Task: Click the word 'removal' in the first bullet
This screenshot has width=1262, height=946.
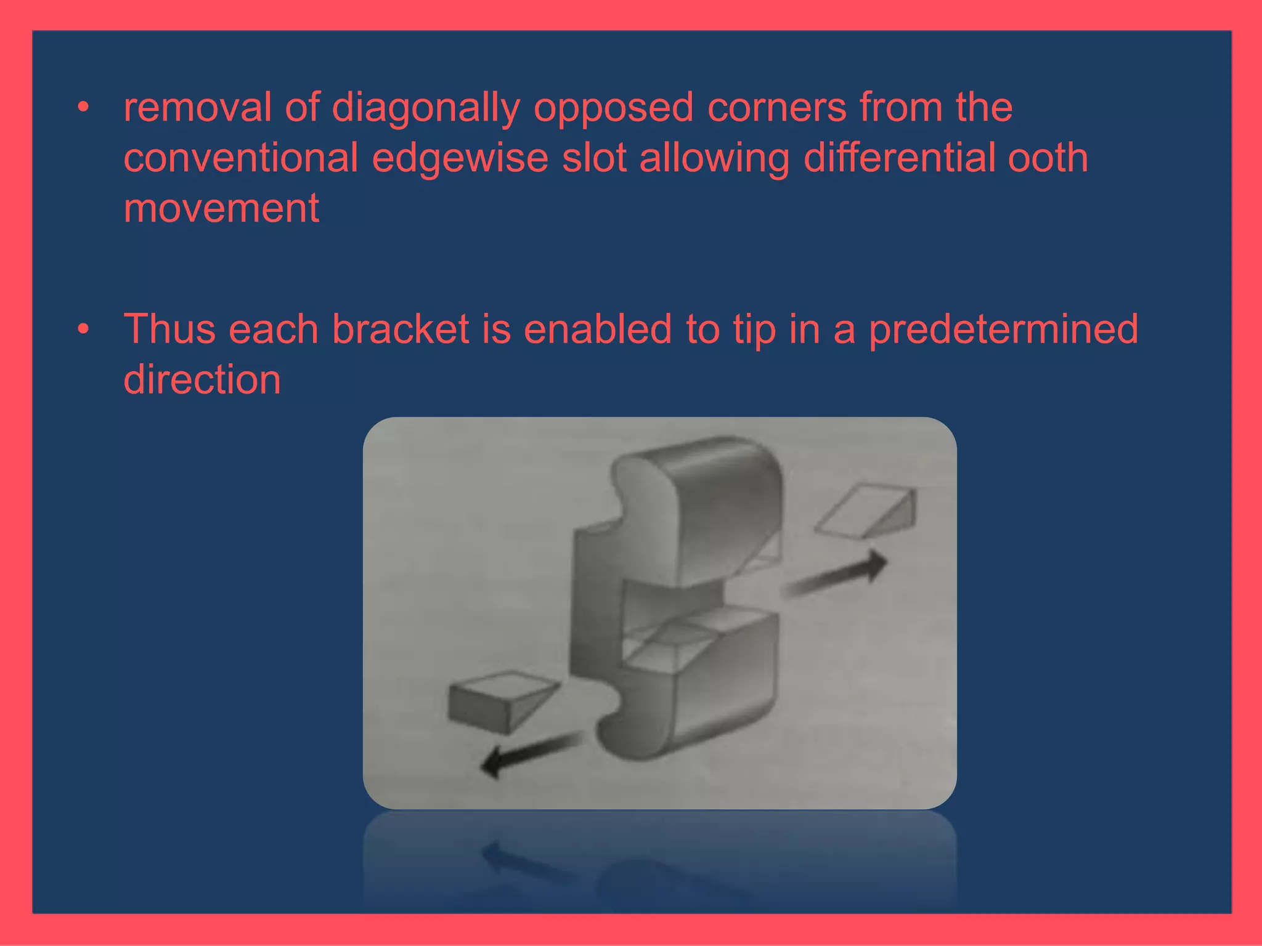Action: click(197, 108)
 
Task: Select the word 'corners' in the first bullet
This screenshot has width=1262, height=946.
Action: click(776, 108)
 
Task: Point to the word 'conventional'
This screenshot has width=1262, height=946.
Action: click(241, 158)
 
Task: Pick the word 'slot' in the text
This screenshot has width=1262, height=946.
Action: click(593, 158)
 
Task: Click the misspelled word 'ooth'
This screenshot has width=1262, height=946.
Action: click(1048, 158)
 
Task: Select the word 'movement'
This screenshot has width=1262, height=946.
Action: click(221, 209)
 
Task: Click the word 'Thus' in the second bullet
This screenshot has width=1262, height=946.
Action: click(169, 329)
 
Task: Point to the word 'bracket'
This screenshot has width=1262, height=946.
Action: click(400, 329)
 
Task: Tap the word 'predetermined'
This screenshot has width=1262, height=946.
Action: click(1003, 330)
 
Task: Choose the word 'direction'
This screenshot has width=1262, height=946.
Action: click(202, 379)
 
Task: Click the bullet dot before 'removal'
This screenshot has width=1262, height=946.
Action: click(83, 108)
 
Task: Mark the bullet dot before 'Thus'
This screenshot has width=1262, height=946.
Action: click(83, 329)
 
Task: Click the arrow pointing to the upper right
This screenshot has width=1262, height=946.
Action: click(838, 576)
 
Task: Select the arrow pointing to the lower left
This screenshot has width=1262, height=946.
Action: click(530, 754)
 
